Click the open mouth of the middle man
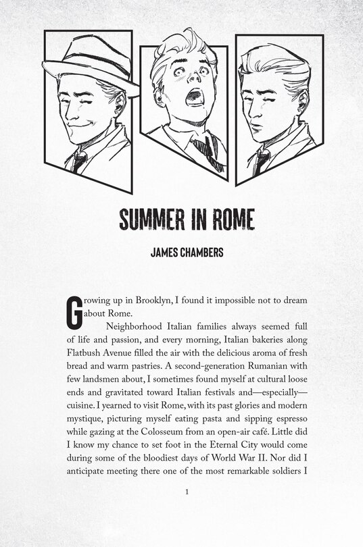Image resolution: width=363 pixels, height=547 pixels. pyautogui.click(x=194, y=96)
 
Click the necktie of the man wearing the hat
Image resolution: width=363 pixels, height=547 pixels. pyautogui.click(x=79, y=161)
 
